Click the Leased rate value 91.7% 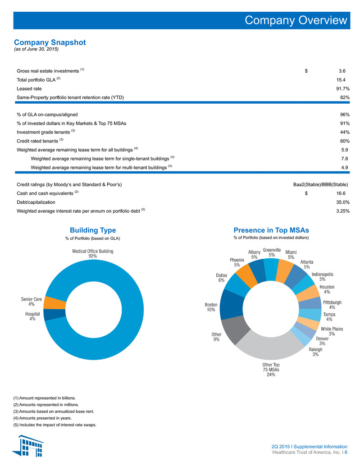tap(343, 89)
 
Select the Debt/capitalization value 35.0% tap(343, 202)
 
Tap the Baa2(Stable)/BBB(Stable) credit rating tap(320, 185)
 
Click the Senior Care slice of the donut tap(55, 303)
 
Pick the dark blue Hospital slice tap(55, 315)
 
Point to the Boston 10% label tap(211, 307)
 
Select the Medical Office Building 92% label tap(93, 254)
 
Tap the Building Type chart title tap(93, 230)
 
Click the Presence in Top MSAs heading tap(271, 230)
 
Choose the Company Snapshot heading tap(50, 42)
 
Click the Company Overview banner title tap(296, 20)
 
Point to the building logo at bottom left tap(28, 446)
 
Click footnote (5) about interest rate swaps tap(55, 425)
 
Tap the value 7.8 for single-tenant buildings tap(345, 159)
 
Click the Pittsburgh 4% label tap(332, 305)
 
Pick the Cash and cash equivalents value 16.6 tap(341, 193)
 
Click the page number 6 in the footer tap(346, 452)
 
